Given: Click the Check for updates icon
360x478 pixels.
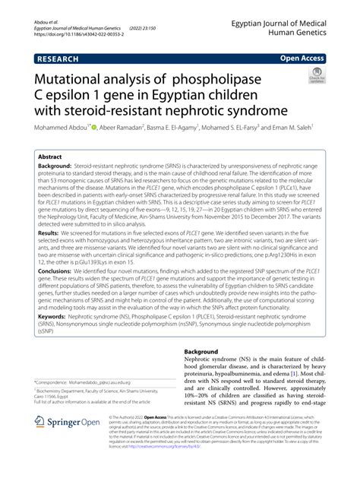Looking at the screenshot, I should [314, 78].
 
